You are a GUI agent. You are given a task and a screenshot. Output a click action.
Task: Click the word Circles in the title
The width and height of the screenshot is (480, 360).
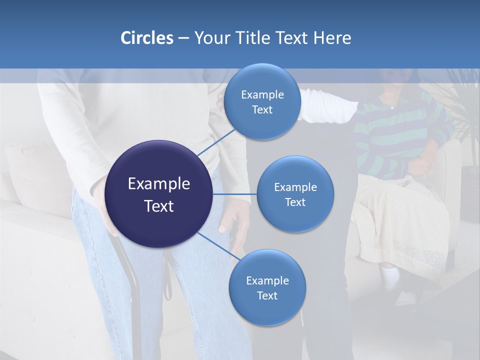pyautogui.click(x=146, y=38)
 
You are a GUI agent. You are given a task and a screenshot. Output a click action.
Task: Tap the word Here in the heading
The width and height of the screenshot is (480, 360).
pyautogui.click(x=332, y=38)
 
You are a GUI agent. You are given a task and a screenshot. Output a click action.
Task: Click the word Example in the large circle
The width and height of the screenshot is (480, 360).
pyautogui.click(x=159, y=184)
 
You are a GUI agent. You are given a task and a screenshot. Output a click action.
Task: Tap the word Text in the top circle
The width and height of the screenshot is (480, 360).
pyautogui.click(x=262, y=110)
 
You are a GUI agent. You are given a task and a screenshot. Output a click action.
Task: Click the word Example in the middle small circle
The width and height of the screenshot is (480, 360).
pyautogui.click(x=295, y=187)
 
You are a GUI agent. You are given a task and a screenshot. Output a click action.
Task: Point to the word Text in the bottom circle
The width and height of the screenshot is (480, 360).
pyautogui.click(x=267, y=296)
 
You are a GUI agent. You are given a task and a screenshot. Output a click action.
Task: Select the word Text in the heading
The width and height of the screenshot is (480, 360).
pyautogui.click(x=292, y=38)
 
